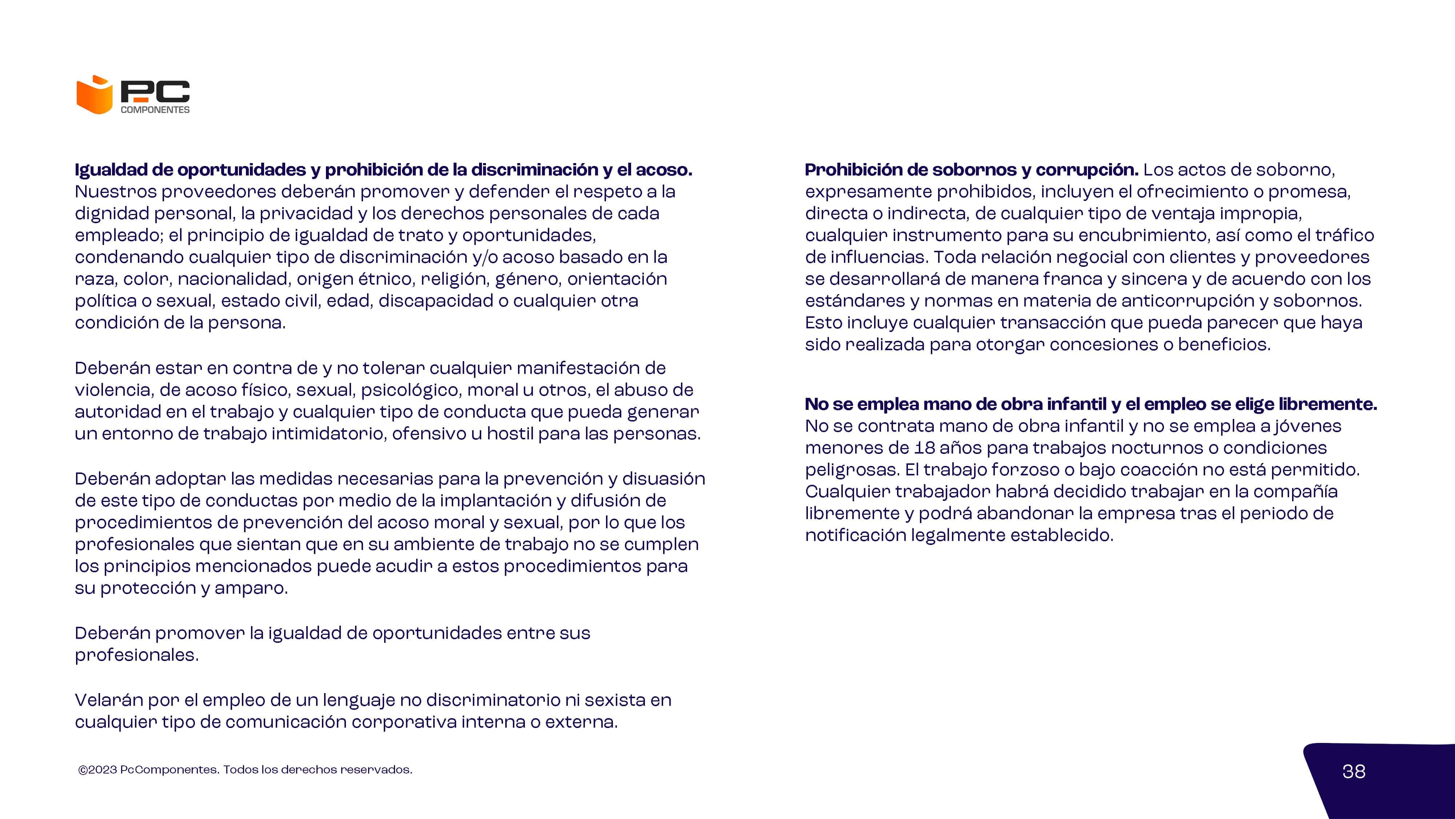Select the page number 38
pyautogui.click(x=1353, y=772)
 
